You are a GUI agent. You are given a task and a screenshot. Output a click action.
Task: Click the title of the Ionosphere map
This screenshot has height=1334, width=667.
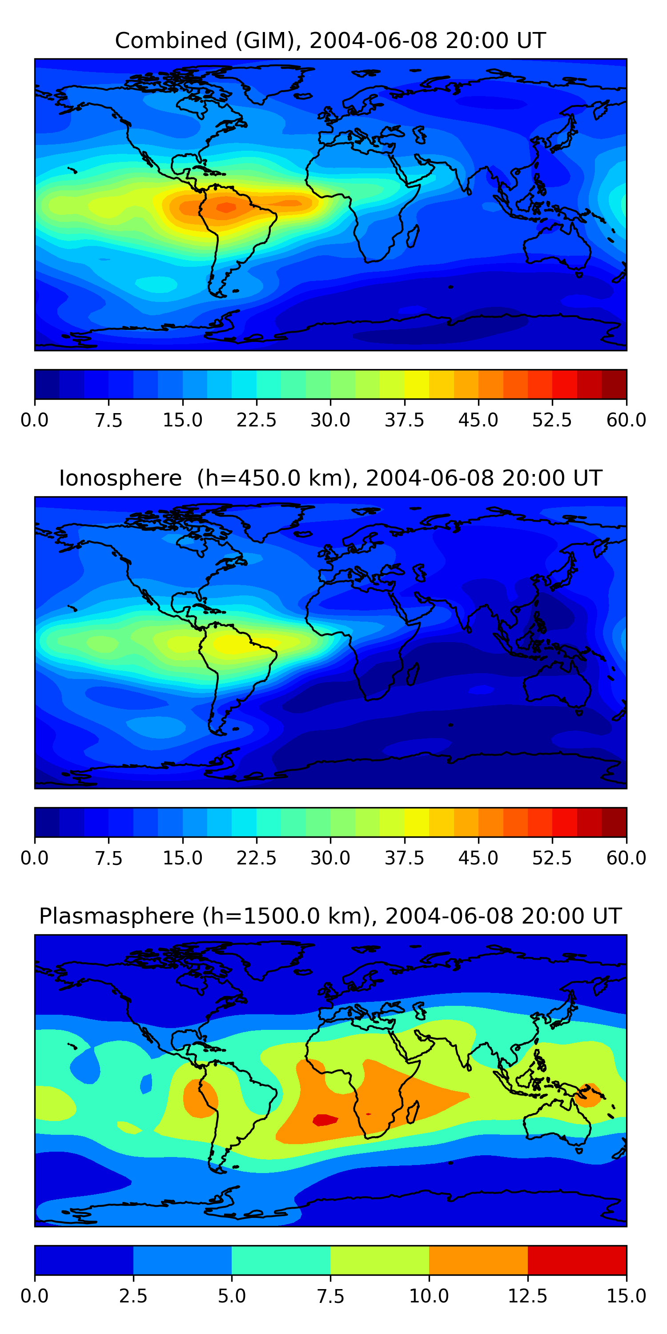click(x=330, y=478)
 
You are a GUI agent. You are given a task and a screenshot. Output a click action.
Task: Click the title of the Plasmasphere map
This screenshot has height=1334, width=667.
click(x=330, y=916)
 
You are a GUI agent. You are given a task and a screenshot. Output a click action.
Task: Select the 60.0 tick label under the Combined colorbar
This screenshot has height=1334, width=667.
click(x=626, y=420)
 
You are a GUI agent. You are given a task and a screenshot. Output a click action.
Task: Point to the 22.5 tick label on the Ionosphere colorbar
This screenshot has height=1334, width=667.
click(x=256, y=858)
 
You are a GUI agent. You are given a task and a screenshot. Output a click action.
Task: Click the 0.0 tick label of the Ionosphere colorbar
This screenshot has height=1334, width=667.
click(x=35, y=858)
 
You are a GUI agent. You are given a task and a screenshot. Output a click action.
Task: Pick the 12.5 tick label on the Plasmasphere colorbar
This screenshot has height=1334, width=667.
click(x=527, y=1296)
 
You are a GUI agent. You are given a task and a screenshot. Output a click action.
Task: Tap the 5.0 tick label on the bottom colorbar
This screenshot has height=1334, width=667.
click(x=232, y=1296)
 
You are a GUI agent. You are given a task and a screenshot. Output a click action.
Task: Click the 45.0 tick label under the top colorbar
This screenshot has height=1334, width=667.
click(x=478, y=420)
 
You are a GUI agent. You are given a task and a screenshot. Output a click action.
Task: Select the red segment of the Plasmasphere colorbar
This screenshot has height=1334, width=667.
click(x=577, y=1260)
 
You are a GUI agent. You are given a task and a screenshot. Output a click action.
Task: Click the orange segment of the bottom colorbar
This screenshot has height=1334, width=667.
click(x=478, y=1260)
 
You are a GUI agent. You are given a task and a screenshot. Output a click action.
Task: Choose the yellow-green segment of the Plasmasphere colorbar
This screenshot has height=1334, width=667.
click(x=380, y=1260)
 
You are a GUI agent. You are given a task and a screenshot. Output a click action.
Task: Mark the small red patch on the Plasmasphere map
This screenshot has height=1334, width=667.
click(x=325, y=1120)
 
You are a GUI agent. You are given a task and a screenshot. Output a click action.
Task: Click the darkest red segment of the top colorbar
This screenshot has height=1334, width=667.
click(x=614, y=384)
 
